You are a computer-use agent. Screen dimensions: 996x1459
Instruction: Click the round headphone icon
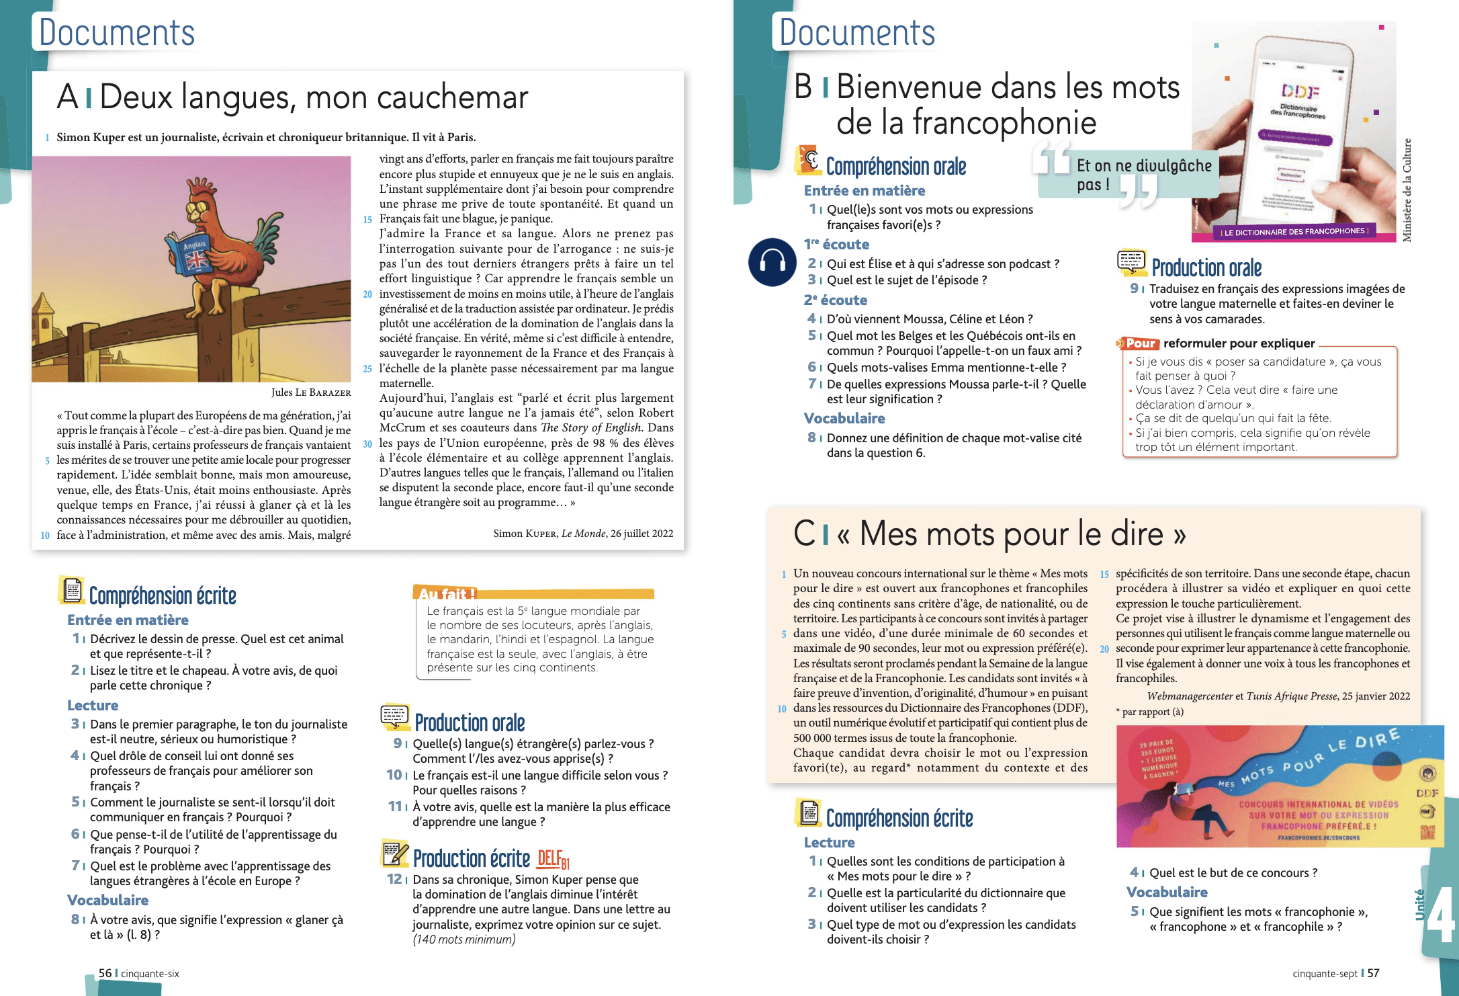(772, 262)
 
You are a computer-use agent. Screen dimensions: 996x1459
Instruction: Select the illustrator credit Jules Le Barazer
(310, 392)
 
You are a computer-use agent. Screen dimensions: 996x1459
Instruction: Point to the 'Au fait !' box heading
(447, 593)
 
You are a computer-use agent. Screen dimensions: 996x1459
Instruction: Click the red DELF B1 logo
(553, 859)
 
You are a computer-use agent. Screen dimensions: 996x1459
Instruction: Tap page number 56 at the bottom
(105, 973)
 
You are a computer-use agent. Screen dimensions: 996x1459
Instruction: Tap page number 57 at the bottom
(1373, 973)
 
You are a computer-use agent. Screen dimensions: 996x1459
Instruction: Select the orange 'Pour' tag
(1140, 343)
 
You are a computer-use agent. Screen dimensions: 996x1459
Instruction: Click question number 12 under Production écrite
(394, 879)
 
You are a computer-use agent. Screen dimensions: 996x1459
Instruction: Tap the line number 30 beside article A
(367, 444)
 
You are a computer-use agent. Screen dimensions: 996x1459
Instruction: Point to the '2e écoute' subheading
(835, 300)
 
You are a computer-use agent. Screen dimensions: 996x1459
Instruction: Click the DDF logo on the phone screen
(1300, 91)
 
